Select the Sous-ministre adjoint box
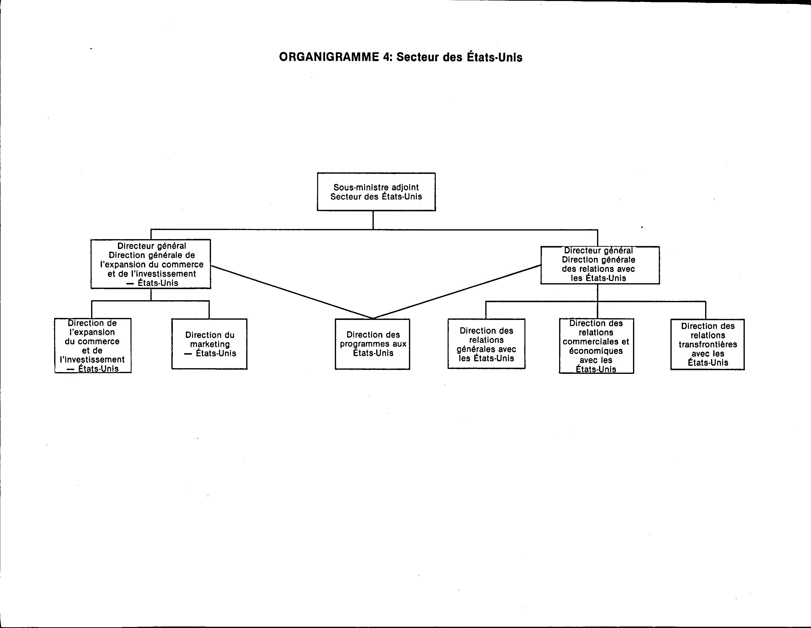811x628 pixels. (x=376, y=192)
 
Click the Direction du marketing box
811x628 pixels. (x=210, y=344)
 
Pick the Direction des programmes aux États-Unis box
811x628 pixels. (x=373, y=344)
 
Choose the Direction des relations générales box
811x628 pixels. (x=487, y=344)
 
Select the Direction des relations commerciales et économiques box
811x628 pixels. (x=596, y=346)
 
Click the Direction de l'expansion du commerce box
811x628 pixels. (x=93, y=345)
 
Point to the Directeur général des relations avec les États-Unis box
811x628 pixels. (x=600, y=265)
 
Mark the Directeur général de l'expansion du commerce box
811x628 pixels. (x=151, y=264)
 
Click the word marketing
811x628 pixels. (x=210, y=345)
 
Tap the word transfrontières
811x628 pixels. (x=708, y=344)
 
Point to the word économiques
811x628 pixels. (x=596, y=351)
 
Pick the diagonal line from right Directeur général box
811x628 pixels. (x=457, y=292)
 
